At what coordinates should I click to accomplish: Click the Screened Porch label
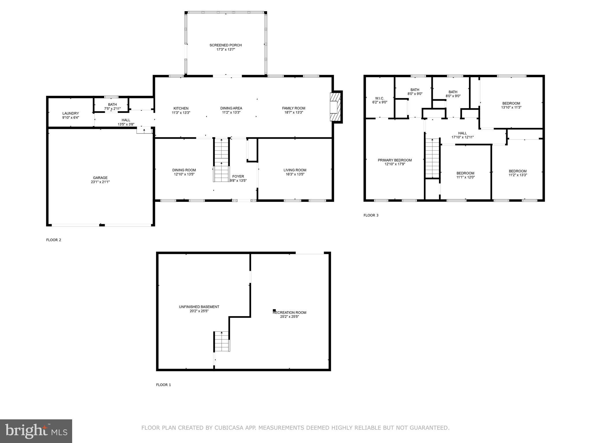(x=225, y=45)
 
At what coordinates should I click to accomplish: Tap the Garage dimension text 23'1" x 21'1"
(x=100, y=182)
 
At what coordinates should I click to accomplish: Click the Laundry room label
(x=70, y=114)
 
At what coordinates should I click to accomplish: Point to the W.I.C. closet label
(x=379, y=98)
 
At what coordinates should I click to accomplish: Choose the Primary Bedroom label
(x=394, y=160)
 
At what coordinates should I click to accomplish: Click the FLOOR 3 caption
(x=371, y=215)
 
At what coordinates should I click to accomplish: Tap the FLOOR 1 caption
(x=163, y=385)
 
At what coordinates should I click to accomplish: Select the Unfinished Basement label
(x=199, y=307)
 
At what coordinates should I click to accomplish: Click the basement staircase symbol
(x=222, y=341)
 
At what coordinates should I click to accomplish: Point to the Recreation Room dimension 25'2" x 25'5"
(x=289, y=317)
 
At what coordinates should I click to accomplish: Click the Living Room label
(x=295, y=170)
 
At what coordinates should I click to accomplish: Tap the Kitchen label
(x=181, y=108)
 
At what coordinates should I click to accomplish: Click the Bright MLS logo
(x=36, y=431)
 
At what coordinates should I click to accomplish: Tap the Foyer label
(x=238, y=177)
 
